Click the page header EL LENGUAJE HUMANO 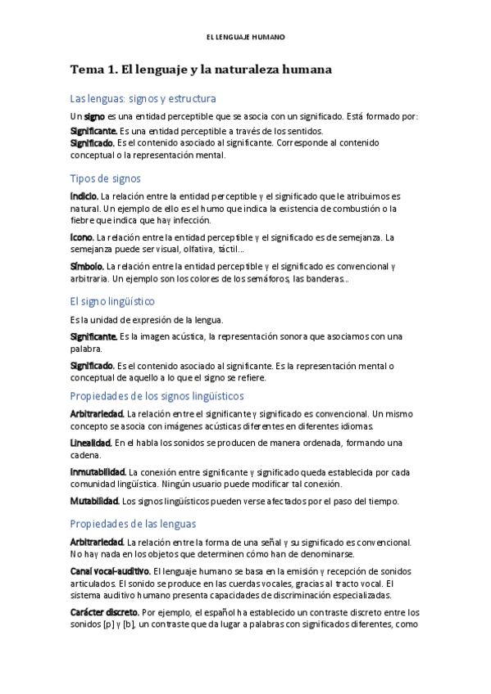click(x=245, y=38)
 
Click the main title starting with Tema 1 click(x=201, y=70)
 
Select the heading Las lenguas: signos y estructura click(x=143, y=98)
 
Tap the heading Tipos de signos click(x=106, y=178)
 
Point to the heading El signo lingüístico click(x=112, y=301)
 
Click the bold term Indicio click(x=84, y=196)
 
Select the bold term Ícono click(x=81, y=237)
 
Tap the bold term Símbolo click(x=87, y=266)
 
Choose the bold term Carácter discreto click(x=104, y=611)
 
